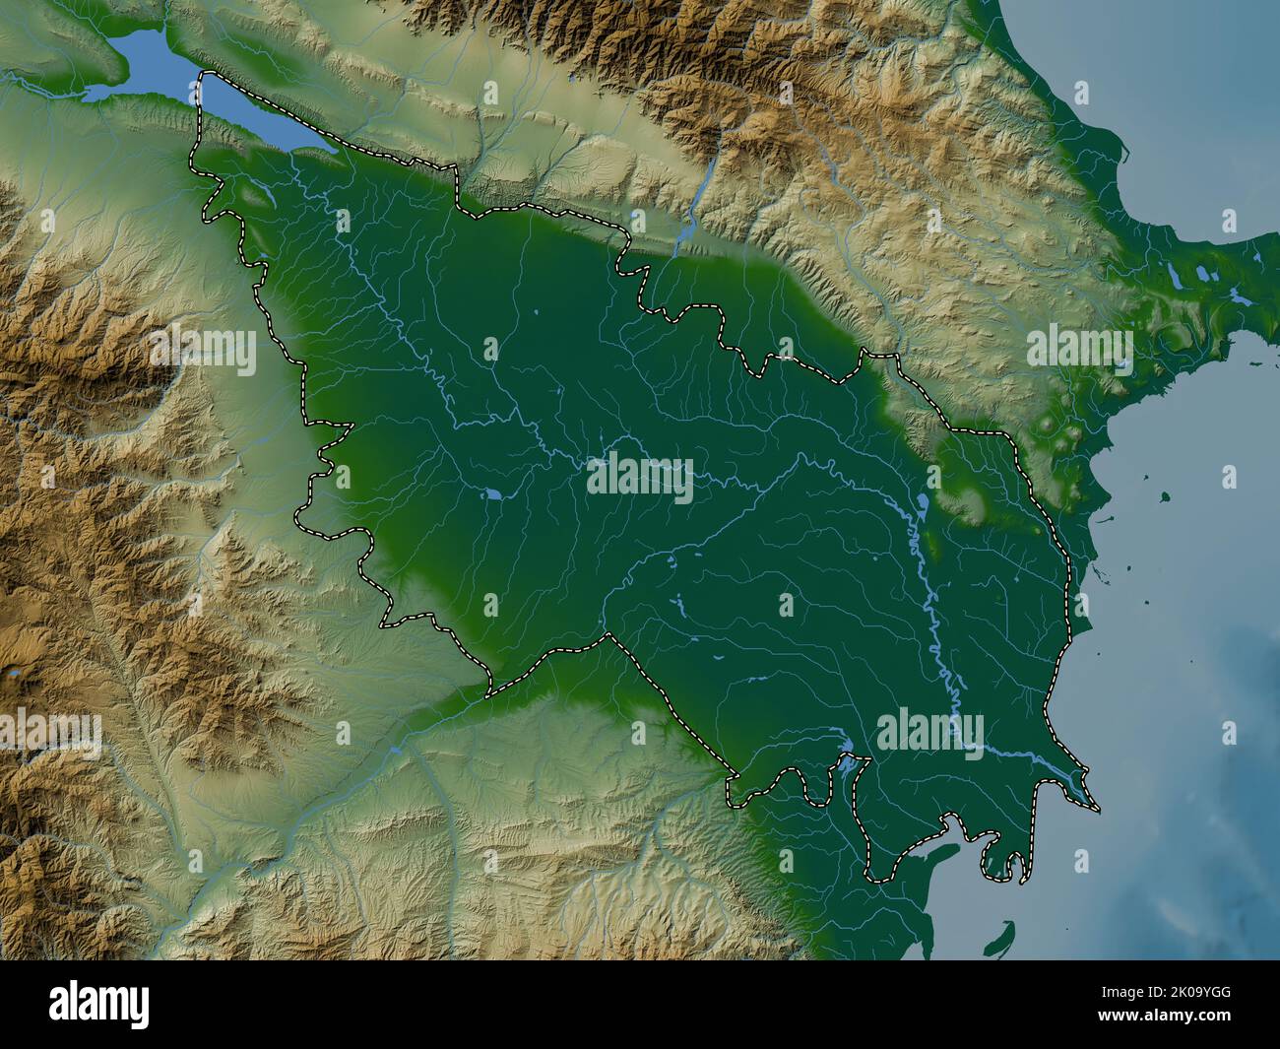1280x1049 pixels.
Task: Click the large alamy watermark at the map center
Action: (x=640, y=478)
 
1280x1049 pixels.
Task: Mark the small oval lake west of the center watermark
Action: (x=491, y=492)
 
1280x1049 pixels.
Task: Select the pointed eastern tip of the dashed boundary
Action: (x=1098, y=810)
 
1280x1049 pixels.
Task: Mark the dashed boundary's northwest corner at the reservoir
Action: (x=203, y=75)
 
